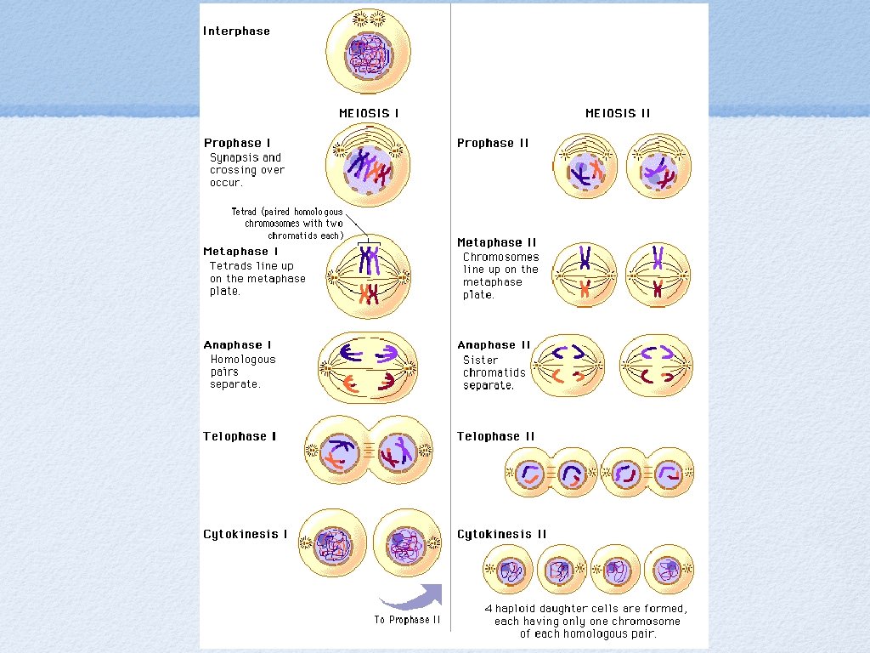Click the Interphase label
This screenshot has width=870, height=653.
[236, 31]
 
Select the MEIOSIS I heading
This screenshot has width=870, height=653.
[369, 113]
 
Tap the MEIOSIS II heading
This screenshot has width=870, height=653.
[618, 113]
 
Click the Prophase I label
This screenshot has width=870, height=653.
[237, 143]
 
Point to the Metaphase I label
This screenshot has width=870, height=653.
[240, 252]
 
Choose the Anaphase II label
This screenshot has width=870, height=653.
[494, 345]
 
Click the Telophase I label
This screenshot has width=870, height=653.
[240, 436]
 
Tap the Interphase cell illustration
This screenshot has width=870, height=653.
[368, 53]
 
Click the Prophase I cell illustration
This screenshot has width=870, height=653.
[368, 165]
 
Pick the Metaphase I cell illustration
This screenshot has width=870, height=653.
[369, 276]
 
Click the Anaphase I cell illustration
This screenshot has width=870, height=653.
[369, 367]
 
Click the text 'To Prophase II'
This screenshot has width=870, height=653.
[407, 620]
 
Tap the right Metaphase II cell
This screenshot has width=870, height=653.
[658, 275]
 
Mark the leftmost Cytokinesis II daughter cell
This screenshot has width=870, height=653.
[509, 570]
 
